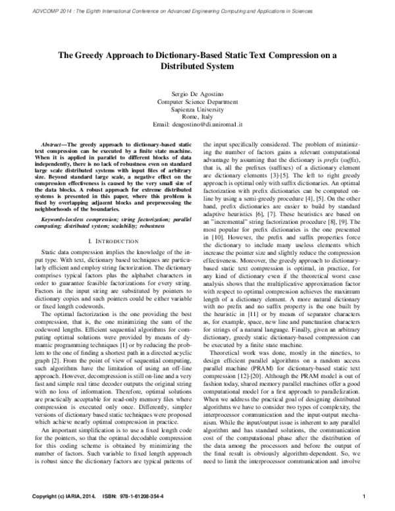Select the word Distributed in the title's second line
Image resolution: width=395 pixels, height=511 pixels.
197,67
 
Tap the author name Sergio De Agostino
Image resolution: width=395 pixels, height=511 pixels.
197,96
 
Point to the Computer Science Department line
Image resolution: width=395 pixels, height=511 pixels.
197,103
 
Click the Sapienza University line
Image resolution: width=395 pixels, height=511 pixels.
197,111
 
